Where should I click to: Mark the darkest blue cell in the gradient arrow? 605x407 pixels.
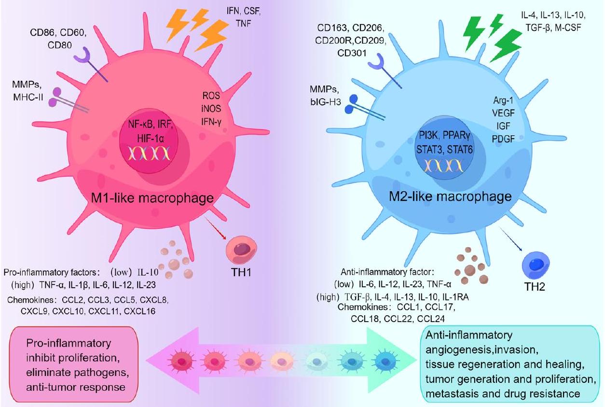coord(384,360)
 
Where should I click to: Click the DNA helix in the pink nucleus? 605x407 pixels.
coord(149,154)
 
